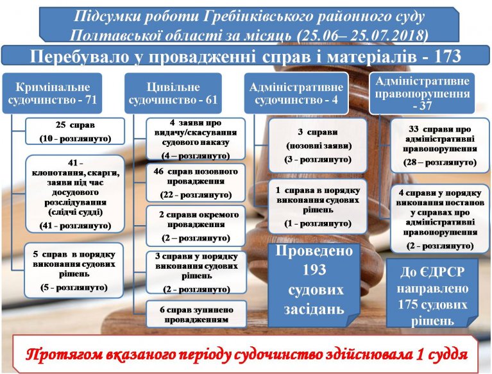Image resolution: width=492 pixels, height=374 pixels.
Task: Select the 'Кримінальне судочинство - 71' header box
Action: click(52, 93)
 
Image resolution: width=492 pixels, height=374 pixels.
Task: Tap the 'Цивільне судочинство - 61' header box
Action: click(173, 93)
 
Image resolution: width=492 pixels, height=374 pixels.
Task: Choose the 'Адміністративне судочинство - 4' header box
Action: click(296, 93)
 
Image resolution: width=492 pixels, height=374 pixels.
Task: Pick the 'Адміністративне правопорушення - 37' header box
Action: click(422, 93)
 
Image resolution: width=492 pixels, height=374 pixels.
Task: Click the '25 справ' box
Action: click(75, 131)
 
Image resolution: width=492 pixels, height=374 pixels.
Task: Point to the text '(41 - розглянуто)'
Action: click(75, 226)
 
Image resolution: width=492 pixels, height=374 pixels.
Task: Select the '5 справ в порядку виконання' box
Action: click(74, 270)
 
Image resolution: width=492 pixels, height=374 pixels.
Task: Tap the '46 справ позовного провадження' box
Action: click(196, 183)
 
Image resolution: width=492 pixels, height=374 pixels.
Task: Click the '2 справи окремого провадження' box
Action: click(196, 226)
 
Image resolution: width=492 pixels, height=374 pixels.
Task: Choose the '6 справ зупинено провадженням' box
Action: click(196, 314)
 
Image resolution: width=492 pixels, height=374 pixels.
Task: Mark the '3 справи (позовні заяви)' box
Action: click(318, 145)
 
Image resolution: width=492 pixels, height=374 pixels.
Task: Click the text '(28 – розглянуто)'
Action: click(440, 162)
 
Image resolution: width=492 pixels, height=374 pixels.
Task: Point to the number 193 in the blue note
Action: click(314, 270)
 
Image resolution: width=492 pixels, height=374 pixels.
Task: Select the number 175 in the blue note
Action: click(409, 304)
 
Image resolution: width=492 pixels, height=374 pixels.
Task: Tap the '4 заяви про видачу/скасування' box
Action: click(196, 139)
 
